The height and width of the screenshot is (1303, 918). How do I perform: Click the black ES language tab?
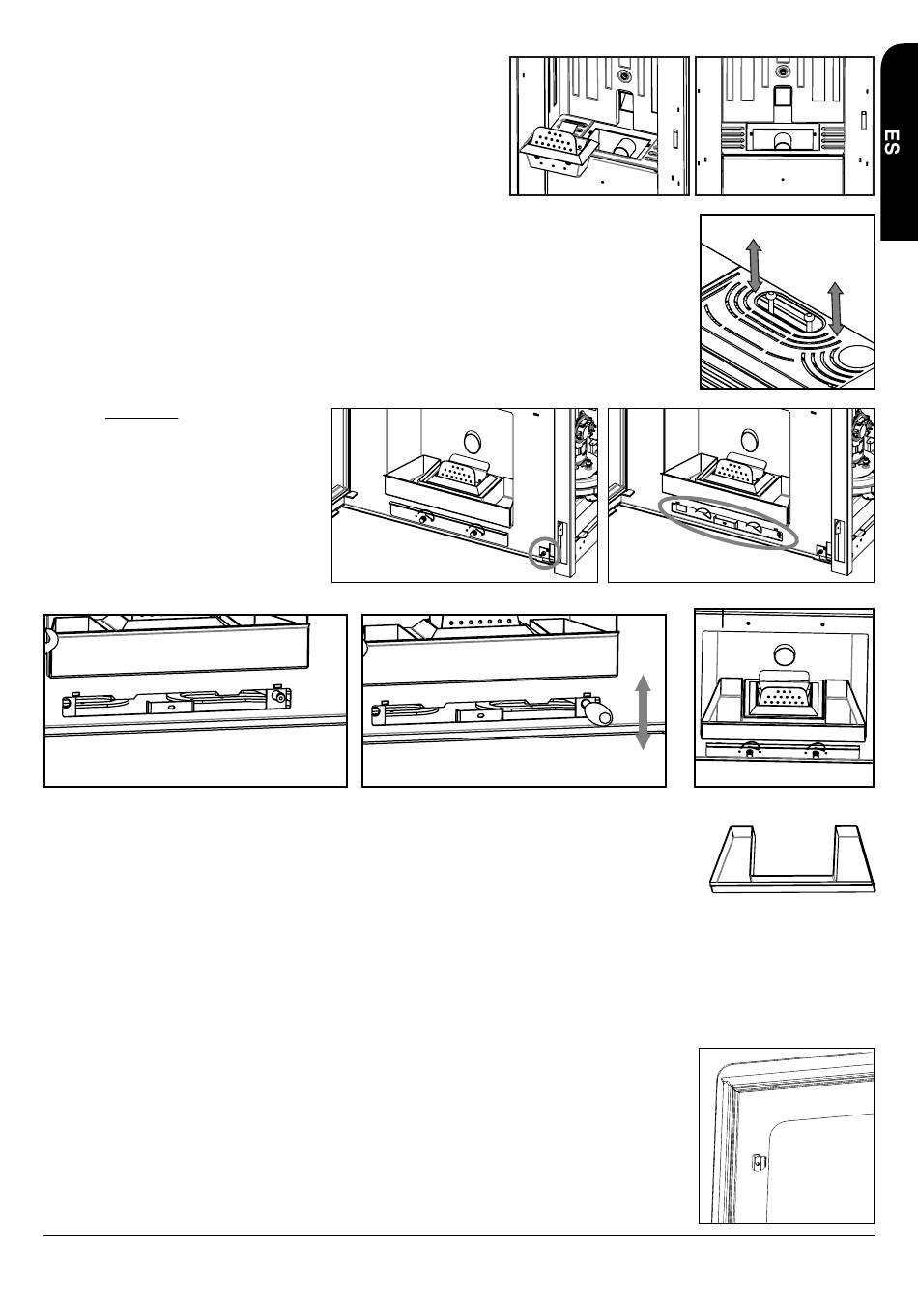point(900,141)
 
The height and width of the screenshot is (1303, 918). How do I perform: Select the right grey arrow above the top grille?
point(836,308)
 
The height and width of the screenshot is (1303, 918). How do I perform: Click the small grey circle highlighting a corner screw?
point(545,553)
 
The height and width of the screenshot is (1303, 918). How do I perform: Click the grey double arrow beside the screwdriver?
point(642,712)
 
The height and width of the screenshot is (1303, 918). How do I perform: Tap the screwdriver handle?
point(596,712)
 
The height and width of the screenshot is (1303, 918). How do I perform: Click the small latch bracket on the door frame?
point(759,1164)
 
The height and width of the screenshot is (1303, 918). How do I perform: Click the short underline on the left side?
point(141,417)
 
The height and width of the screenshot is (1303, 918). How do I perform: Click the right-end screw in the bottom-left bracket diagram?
point(280,697)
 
